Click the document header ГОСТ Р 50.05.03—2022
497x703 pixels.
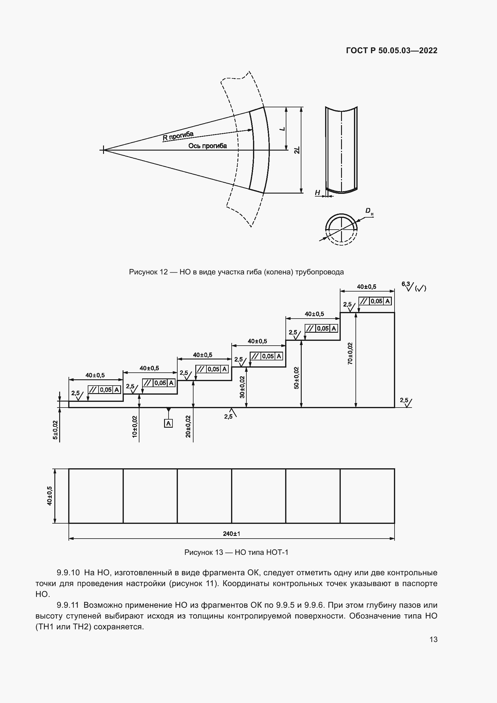(x=392, y=50)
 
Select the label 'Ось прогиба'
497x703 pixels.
(x=208, y=146)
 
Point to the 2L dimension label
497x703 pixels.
(x=297, y=150)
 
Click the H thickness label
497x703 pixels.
(x=317, y=193)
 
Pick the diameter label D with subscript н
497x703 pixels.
(x=369, y=211)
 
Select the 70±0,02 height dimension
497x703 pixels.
(x=350, y=353)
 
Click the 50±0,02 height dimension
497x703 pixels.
(x=296, y=378)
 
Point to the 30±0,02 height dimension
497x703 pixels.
(x=242, y=387)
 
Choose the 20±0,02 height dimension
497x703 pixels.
(x=188, y=426)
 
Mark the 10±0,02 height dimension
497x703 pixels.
(x=135, y=426)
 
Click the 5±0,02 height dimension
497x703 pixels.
(x=55, y=430)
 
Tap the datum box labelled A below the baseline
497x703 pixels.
(x=168, y=423)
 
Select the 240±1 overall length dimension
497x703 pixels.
(x=231, y=534)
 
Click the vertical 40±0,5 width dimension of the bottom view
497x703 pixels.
(x=50, y=496)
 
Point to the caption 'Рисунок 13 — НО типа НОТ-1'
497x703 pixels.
(x=236, y=552)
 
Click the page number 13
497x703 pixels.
(x=433, y=639)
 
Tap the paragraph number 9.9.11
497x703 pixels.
(x=68, y=605)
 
